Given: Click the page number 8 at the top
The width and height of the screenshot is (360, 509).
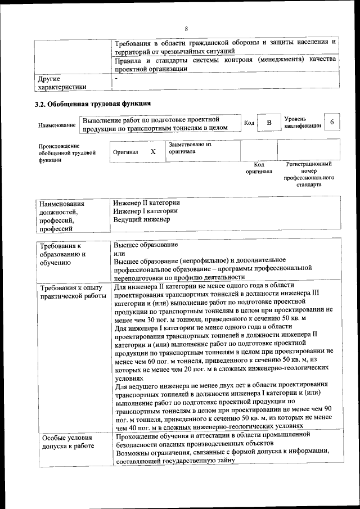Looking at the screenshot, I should [x=186, y=29].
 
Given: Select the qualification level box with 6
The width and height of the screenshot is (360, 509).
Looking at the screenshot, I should [x=332, y=123].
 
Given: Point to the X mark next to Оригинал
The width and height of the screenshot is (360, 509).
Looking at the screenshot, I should [x=153, y=152].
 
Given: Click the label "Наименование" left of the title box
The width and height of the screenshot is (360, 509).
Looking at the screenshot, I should [x=57, y=124].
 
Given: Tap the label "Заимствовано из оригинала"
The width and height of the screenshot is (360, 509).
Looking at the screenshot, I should [x=190, y=148].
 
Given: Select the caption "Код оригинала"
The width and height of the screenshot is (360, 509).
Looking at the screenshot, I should [x=259, y=168].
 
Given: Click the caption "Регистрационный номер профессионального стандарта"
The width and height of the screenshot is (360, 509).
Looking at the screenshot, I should [x=309, y=174].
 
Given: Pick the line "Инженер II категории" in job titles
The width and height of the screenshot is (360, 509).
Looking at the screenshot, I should [x=146, y=202].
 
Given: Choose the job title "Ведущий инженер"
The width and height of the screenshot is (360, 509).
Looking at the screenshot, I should [x=141, y=219].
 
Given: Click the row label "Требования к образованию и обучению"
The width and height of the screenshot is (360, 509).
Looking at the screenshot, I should [x=62, y=254].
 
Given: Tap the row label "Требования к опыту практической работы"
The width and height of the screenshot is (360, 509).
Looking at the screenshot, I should [x=72, y=292].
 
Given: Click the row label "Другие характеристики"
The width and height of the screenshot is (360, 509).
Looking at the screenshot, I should [x=62, y=83].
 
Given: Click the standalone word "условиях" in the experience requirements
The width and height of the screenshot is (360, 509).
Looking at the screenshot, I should [x=129, y=379].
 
